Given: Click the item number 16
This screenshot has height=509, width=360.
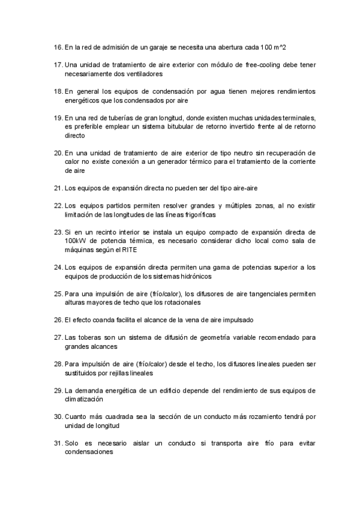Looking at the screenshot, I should [58, 46].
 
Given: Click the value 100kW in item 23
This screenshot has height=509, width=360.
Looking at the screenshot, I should [76, 241].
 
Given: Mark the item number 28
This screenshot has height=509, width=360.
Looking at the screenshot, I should [58, 364].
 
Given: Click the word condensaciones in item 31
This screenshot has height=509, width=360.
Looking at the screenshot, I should [89, 452].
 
